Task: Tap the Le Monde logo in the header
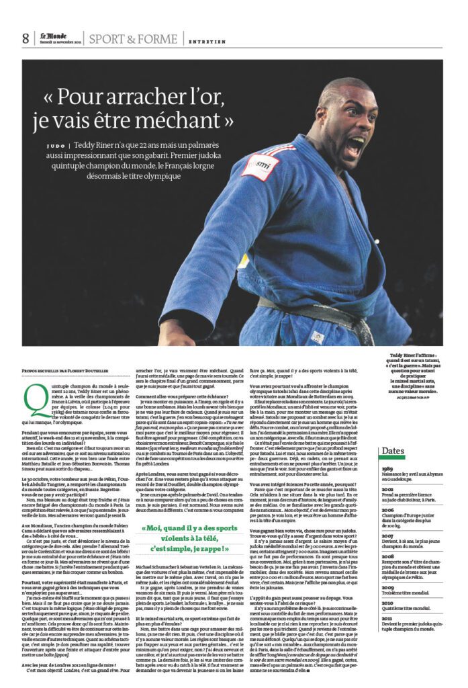pyautogui.click(x=53, y=36)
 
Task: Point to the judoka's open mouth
pyautogui.click(x=356, y=146)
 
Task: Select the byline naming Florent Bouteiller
pyautogui.click(x=64, y=370)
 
